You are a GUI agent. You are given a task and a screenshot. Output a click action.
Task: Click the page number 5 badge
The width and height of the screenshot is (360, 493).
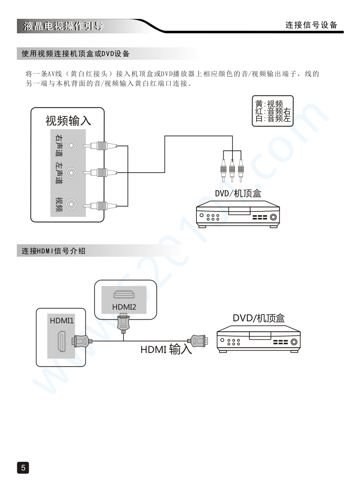click(x=23, y=468)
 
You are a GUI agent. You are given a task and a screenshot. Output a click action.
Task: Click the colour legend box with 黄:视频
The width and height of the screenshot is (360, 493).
click(x=273, y=111)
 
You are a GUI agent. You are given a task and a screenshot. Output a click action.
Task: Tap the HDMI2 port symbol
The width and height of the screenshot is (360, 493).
click(x=124, y=295)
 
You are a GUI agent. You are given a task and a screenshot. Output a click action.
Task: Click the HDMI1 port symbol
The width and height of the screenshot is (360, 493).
click(x=61, y=341)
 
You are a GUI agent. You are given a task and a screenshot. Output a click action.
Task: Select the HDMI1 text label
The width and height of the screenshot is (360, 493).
click(x=62, y=321)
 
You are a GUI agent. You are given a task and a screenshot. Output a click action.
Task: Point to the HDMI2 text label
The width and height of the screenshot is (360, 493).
click(x=124, y=307)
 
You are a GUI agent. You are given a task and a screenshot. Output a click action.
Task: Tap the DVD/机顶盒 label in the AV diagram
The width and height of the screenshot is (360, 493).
click(x=238, y=193)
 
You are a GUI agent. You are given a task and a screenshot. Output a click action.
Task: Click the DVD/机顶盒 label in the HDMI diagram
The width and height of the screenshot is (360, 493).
click(x=259, y=318)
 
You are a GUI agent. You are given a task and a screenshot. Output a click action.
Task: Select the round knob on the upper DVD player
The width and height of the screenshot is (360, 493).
click(x=273, y=217)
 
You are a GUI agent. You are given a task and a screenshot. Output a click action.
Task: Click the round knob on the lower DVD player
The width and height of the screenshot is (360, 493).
click(x=294, y=342)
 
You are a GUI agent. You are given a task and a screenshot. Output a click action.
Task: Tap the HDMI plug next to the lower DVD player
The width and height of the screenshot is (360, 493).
click(x=198, y=341)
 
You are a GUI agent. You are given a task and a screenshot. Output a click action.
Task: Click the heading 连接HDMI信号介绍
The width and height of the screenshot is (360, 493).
click(x=53, y=252)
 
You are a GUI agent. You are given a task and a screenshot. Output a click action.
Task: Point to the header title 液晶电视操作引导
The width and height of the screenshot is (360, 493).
click(x=63, y=26)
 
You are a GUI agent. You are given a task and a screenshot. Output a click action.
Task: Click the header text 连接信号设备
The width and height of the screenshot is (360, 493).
click(x=311, y=25)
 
